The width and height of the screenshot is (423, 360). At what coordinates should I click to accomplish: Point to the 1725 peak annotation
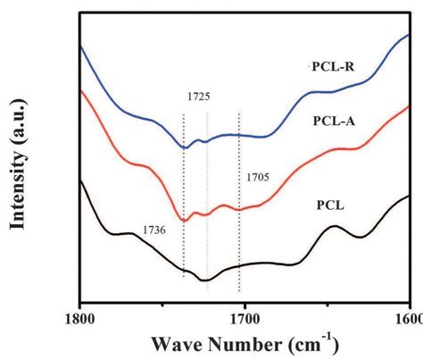[x=199, y=95]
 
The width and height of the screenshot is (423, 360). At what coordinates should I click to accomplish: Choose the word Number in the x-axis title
[x=238, y=344]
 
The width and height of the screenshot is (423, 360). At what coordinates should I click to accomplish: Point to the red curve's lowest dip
[x=185, y=220]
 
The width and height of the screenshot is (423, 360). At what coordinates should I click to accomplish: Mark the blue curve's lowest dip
[x=185, y=147]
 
